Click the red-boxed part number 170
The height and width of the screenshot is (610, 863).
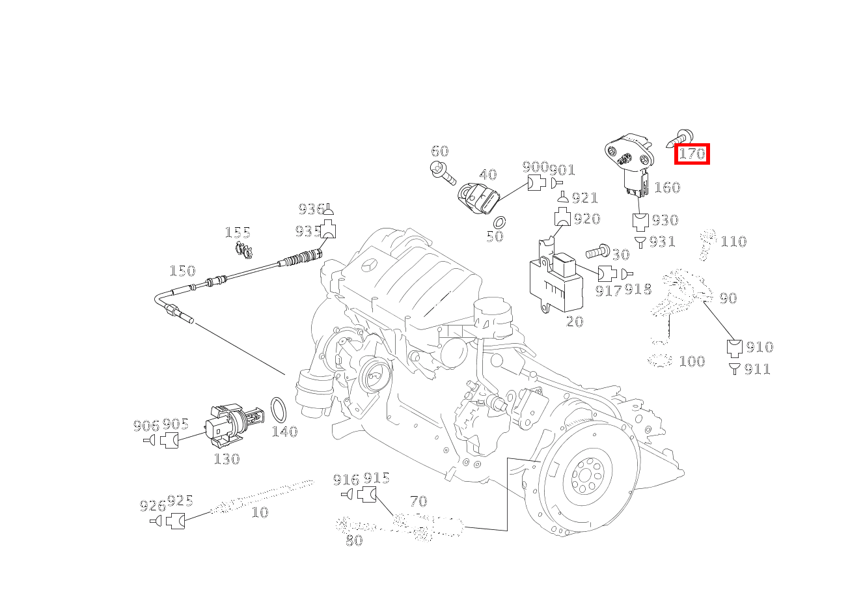(692, 154)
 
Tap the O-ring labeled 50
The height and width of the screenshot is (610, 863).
(500, 223)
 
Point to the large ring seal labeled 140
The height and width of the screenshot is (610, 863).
(279, 410)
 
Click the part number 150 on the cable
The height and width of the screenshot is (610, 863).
(183, 271)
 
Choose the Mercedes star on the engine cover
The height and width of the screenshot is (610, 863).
(372, 266)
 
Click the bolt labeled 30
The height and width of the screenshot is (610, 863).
(597, 251)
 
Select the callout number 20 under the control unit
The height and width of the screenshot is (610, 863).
(575, 322)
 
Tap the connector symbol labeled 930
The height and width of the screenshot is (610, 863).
(641, 222)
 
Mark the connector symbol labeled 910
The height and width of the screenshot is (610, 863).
(734, 348)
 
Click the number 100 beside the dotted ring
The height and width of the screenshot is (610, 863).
(692, 361)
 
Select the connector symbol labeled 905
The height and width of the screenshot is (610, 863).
(169, 440)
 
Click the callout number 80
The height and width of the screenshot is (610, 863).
(354, 540)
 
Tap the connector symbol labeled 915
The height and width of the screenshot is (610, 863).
(366, 494)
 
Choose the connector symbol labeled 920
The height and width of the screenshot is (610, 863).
(562, 217)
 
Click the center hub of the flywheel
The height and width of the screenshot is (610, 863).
(588, 475)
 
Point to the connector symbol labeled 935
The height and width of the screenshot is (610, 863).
(328, 229)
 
